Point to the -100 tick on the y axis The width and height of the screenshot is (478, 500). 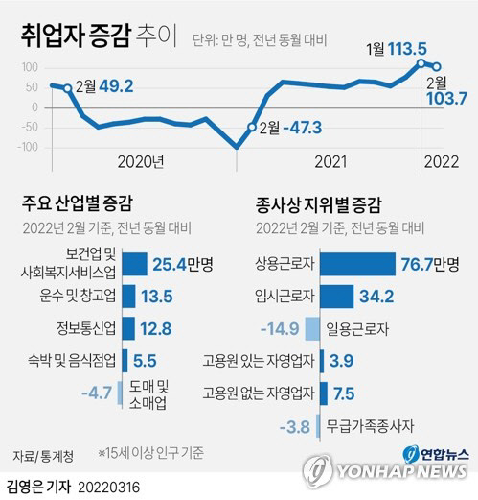pyautogui.click(x=31, y=147)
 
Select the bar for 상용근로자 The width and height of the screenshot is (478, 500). pyautogui.click(x=357, y=264)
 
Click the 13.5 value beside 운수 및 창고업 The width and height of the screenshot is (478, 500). pyautogui.click(x=157, y=297)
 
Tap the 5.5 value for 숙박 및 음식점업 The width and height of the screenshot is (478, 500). pyautogui.click(x=147, y=361)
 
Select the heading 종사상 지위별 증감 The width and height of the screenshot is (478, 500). pyautogui.click(x=317, y=203)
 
